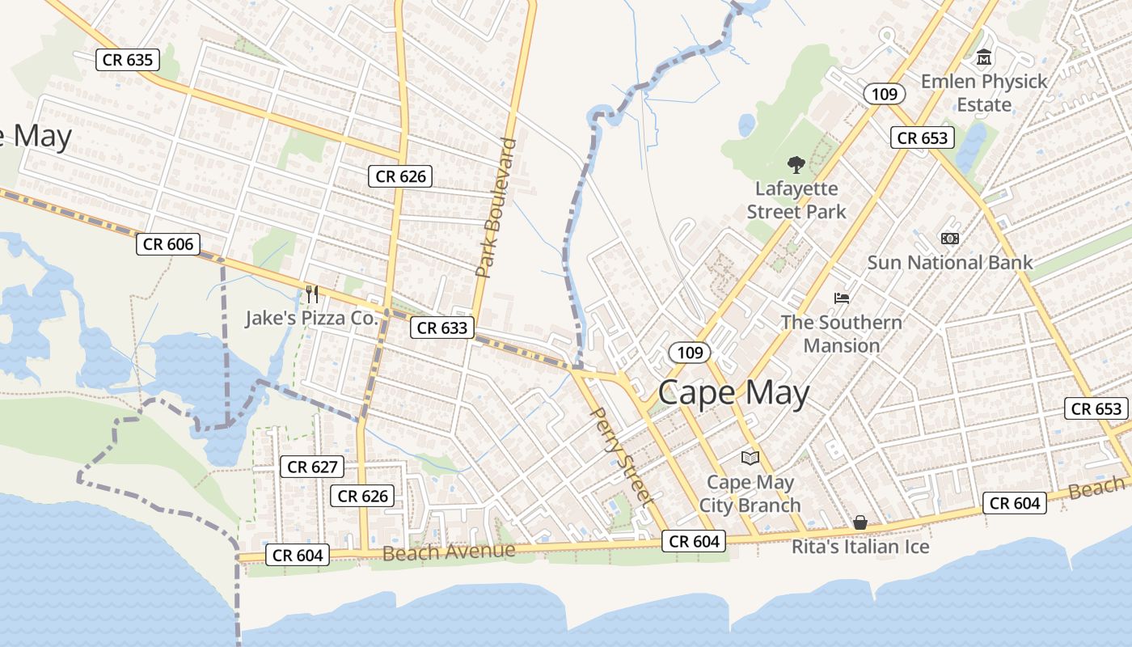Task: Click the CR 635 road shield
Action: (x=128, y=59)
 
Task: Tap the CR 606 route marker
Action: (x=168, y=244)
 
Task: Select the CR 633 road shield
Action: (x=441, y=328)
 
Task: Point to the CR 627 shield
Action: (x=313, y=467)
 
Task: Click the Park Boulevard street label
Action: (x=495, y=209)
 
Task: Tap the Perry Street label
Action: (x=622, y=456)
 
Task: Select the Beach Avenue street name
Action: (x=449, y=552)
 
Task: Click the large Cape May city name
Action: (x=733, y=393)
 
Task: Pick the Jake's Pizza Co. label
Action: (x=312, y=318)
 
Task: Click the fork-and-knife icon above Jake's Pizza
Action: (x=312, y=294)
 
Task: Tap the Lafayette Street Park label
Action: (x=796, y=200)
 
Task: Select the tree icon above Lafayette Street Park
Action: (x=796, y=165)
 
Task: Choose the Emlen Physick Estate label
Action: (x=984, y=93)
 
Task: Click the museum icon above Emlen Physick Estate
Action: (x=984, y=57)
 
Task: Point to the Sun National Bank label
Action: (x=950, y=262)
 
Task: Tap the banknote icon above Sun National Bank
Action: (x=950, y=239)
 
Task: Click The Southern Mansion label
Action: (x=841, y=334)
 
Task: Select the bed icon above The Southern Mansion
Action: (x=842, y=298)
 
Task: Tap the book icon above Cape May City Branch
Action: (x=750, y=458)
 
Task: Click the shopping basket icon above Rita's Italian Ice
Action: (x=860, y=523)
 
